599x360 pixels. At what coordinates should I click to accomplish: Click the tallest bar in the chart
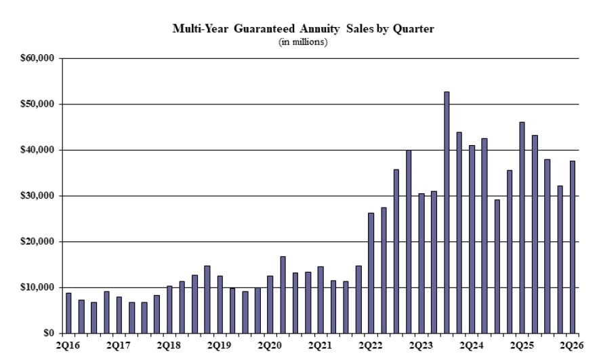(447, 212)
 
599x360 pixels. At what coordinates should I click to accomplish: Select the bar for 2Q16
(68, 313)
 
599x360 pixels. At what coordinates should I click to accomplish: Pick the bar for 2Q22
(371, 273)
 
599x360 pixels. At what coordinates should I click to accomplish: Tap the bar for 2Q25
(522, 228)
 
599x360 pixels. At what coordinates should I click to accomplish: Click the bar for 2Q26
(573, 247)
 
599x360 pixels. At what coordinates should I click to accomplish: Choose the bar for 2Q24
(472, 239)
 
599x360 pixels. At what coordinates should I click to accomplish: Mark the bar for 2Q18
(169, 310)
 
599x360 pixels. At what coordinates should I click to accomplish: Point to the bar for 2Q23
(421, 263)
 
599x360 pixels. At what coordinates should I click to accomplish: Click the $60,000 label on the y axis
(37, 58)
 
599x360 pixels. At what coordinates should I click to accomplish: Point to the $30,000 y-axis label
(37, 196)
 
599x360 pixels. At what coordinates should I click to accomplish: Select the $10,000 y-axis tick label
(37, 287)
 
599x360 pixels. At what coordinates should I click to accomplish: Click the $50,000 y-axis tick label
(37, 104)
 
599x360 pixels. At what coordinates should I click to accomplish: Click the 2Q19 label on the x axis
(220, 346)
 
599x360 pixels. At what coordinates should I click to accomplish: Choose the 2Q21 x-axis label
(320, 346)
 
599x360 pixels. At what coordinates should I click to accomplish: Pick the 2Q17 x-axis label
(119, 346)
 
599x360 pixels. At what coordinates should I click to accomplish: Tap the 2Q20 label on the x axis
(270, 346)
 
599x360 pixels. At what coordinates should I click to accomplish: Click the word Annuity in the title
(319, 29)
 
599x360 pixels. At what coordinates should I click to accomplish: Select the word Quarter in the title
(413, 29)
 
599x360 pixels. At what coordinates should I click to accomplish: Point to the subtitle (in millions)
(303, 41)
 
